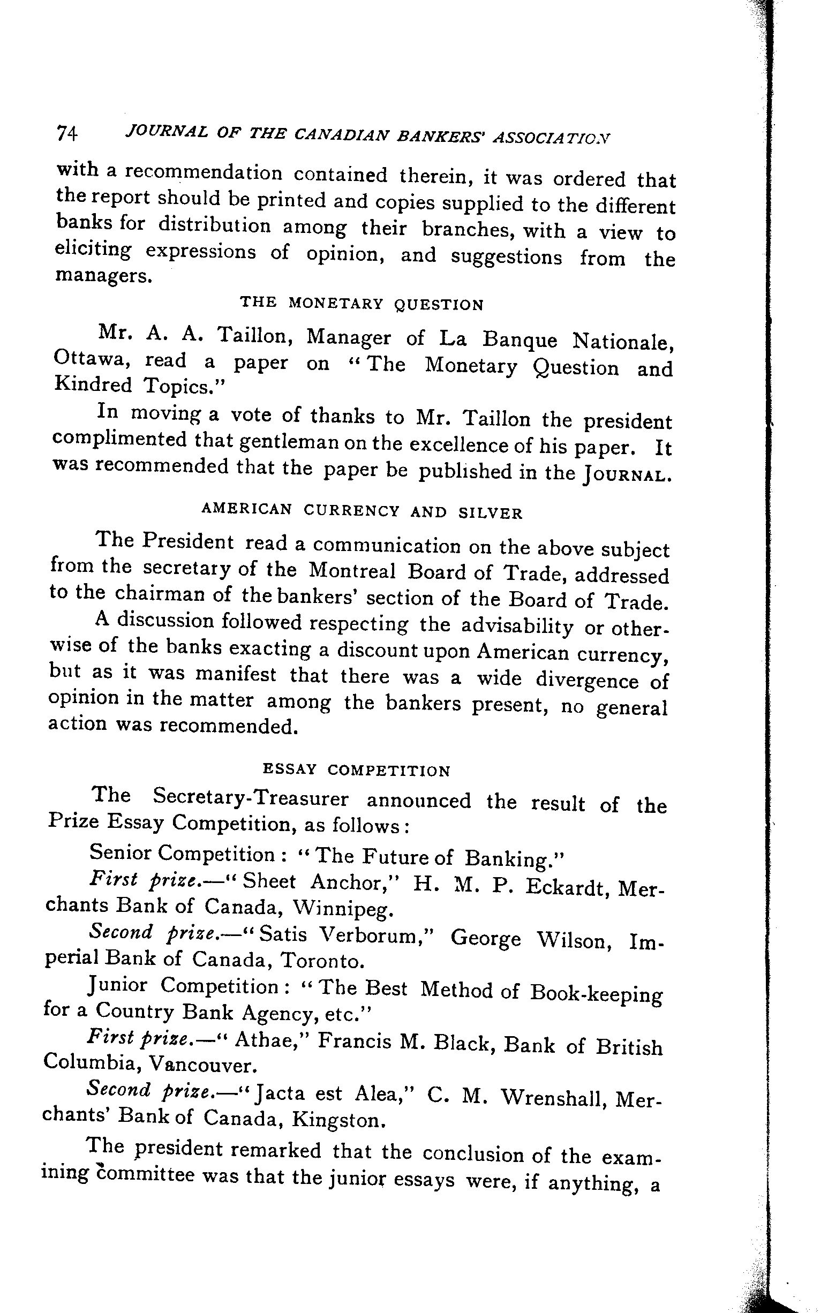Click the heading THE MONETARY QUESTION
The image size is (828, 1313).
click(362, 304)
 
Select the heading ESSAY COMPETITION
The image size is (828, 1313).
click(357, 770)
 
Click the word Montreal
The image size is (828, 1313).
click(352, 570)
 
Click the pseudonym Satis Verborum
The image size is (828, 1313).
click(345, 935)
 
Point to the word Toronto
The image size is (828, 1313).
click(321, 961)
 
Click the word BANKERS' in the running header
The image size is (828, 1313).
click(443, 136)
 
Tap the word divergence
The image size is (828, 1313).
click(587, 680)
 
